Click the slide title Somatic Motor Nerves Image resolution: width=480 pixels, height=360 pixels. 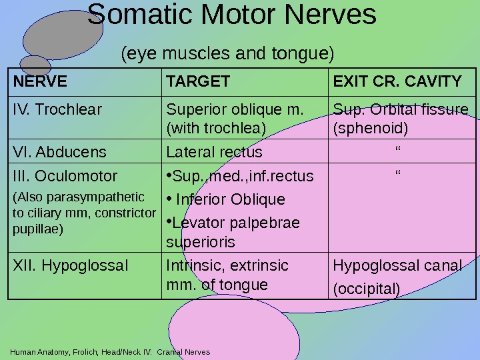[232, 15]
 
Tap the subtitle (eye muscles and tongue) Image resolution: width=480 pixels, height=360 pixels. [227, 52]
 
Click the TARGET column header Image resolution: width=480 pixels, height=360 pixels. [198, 82]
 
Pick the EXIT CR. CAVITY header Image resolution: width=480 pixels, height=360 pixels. [397, 82]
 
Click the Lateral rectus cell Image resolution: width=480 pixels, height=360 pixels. [214, 152]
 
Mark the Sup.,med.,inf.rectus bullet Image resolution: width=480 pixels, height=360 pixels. [240, 177]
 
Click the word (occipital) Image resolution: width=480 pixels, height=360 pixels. [366, 289]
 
